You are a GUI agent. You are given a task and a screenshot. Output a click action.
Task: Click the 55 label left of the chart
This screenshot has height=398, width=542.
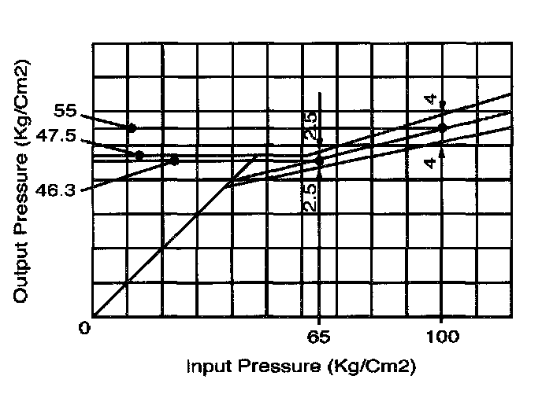67,112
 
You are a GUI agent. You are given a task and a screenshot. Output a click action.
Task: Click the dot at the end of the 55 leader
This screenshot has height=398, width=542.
132,127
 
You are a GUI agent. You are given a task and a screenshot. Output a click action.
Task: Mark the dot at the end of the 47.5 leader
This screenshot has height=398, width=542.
139,156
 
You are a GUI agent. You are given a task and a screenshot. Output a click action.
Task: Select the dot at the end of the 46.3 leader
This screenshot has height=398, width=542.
174,160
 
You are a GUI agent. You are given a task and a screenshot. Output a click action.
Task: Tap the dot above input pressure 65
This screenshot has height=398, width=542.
319,161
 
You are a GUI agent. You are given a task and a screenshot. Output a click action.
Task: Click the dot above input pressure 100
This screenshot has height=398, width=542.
442,127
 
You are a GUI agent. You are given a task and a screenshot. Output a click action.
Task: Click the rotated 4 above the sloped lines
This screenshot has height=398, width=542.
430,99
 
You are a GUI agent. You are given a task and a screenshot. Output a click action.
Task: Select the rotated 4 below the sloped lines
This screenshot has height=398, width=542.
430,161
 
